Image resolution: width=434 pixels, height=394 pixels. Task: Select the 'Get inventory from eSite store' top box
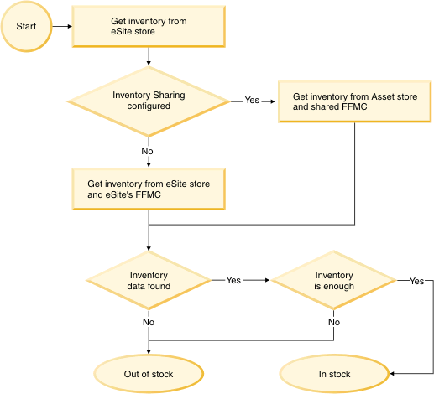tap(149, 25)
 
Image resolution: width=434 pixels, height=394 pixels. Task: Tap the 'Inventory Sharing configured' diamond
tap(149, 101)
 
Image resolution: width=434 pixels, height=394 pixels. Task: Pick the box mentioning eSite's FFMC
tap(149, 189)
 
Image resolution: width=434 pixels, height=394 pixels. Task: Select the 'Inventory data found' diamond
tap(149, 281)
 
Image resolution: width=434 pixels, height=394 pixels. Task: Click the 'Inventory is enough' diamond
tap(333, 281)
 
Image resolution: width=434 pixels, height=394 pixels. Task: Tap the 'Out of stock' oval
tap(149, 374)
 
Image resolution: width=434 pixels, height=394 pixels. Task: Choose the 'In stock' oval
tap(333, 374)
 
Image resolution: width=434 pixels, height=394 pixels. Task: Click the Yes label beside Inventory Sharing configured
tap(252, 101)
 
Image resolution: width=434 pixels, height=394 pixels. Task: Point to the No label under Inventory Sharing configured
tap(149, 151)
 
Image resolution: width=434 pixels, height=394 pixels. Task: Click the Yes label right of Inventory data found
tap(233, 281)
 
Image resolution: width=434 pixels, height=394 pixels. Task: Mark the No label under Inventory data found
tap(149, 321)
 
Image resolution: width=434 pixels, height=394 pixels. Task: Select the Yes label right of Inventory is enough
tap(416, 281)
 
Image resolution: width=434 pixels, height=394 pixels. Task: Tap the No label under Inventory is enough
tap(333, 321)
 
